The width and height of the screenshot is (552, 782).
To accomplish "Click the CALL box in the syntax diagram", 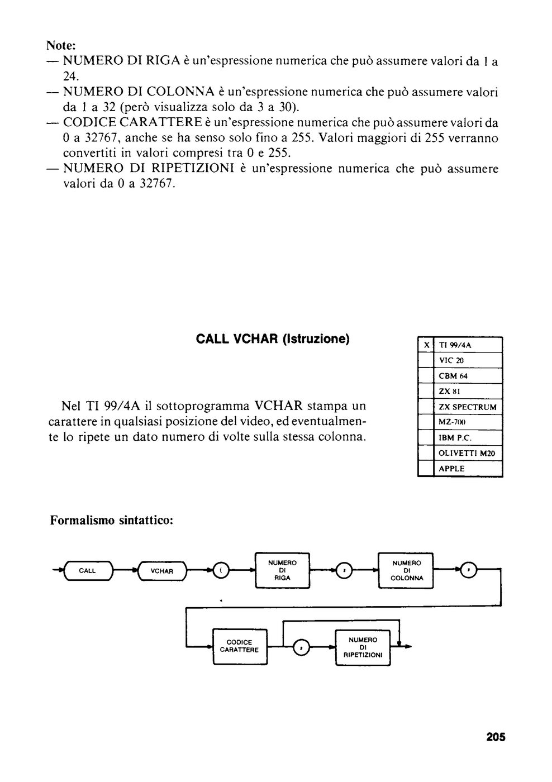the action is click(x=88, y=570).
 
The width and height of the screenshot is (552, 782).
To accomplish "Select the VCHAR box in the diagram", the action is click(x=162, y=571).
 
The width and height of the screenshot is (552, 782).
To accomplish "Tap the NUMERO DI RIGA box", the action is click(x=283, y=570).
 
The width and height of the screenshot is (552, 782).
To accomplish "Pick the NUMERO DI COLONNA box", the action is click(x=406, y=570).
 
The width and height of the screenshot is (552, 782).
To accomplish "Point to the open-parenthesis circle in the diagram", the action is click(x=221, y=570).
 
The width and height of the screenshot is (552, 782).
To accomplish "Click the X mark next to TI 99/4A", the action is click(x=426, y=345).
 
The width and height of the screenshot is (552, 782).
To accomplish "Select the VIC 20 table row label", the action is click(x=451, y=360).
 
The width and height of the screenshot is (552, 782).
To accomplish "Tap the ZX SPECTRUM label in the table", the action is click(x=468, y=407).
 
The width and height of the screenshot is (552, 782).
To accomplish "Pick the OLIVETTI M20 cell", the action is click(x=467, y=453).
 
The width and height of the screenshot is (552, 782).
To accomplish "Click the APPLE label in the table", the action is click(x=451, y=469).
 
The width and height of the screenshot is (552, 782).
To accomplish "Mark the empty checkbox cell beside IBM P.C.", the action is click(x=426, y=437).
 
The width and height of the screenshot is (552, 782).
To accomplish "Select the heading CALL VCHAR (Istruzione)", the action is click(x=273, y=339).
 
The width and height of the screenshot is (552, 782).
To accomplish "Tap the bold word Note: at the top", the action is click(x=61, y=45).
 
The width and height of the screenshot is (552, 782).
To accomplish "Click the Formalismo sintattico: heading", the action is click(x=112, y=520).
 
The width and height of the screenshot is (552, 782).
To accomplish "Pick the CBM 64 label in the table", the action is click(x=453, y=376).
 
